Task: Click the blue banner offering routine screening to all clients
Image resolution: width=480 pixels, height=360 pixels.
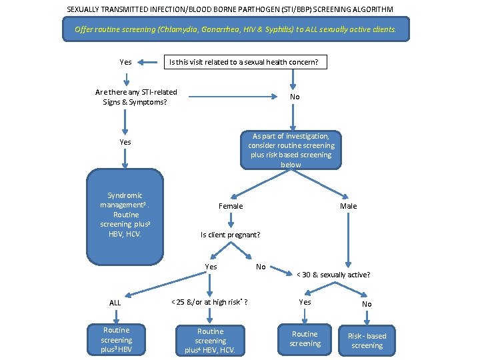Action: point(235,29)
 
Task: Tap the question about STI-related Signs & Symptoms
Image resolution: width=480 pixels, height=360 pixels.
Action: point(136,97)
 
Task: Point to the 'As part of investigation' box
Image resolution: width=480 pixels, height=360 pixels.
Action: point(291,150)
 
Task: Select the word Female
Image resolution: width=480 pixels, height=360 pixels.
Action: point(231,206)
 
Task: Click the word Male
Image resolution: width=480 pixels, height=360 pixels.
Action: point(348,206)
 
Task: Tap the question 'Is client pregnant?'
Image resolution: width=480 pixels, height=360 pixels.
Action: point(230,235)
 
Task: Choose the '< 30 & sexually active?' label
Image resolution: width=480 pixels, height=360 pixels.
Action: point(333,275)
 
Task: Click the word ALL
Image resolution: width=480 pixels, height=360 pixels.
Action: point(115,303)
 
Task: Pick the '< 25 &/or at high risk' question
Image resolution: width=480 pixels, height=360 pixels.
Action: point(209,302)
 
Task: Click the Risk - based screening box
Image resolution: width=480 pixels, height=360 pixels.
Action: point(367,341)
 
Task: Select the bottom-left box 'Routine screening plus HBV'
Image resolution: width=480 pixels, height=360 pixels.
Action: point(117,340)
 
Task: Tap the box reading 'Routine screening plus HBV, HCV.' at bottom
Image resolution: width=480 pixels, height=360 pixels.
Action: point(211,341)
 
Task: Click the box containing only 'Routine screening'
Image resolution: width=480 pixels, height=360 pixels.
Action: point(305,339)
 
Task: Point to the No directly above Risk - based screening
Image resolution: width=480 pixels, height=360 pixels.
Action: point(367,303)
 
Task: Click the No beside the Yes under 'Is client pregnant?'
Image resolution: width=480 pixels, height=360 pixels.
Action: point(261,267)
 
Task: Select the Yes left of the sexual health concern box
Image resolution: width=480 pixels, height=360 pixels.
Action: point(125,62)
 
